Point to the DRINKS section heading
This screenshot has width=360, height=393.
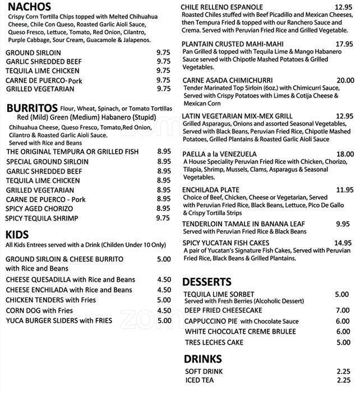(202, 359)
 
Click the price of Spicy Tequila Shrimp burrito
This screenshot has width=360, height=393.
(163, 218)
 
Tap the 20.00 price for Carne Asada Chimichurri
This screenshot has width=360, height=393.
(345, 80)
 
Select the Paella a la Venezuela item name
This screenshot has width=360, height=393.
(220, 154)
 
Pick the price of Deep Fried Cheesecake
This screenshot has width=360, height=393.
(342, 310)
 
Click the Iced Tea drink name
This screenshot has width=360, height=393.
(200, 381)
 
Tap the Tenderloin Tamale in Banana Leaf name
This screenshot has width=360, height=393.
(244, 223)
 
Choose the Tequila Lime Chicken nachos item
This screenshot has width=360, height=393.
(40, 70)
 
